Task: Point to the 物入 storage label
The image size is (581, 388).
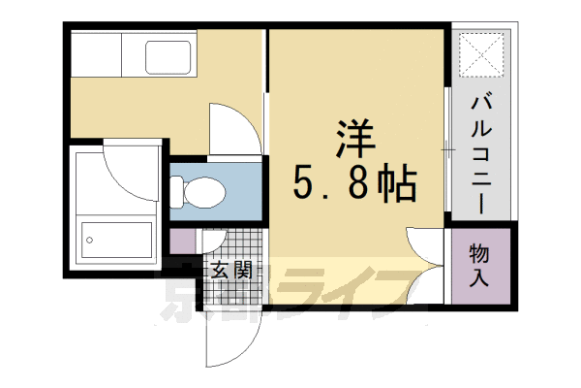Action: point(479,266)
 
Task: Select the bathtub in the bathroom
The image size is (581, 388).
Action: point(116,237)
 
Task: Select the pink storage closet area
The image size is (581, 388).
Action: point(479,267)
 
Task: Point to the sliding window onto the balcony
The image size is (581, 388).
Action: point(446,150)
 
